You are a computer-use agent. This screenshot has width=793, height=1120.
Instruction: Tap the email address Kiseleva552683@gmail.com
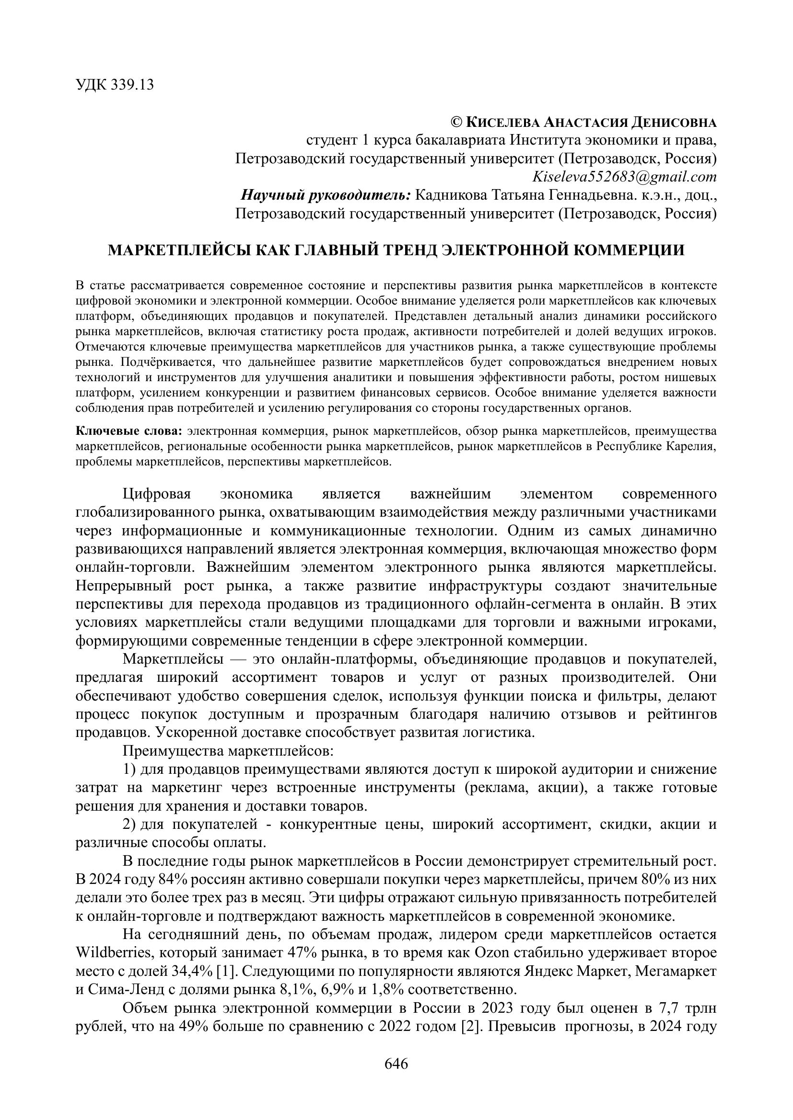tap(625, 177)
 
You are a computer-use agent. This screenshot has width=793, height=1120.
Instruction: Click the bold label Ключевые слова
tap(129, 431)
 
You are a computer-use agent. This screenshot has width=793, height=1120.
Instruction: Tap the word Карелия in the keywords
tap(696, 446)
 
